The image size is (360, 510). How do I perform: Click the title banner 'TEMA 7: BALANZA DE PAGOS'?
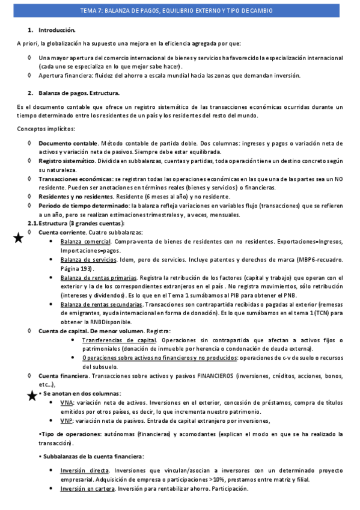point(180,11)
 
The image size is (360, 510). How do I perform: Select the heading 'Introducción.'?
point(57,29)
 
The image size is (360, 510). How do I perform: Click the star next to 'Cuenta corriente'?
point(19,239)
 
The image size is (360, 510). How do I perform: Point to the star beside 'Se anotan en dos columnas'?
point(34,395)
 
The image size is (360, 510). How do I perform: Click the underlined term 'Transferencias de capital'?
point(119,340)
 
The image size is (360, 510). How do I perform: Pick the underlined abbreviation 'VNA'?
point(67,402)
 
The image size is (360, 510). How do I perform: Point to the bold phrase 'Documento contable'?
point(68,143)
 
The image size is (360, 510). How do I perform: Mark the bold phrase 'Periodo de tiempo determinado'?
point(81,205)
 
